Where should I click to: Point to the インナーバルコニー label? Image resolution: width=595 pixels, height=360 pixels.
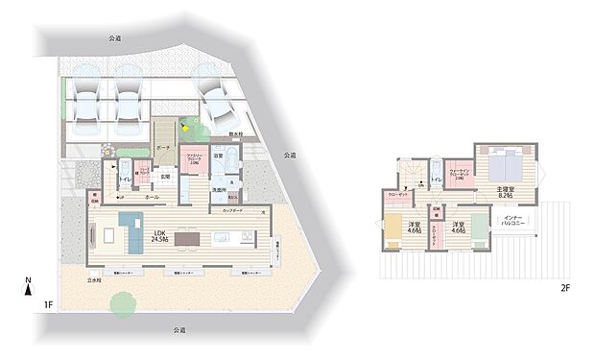(x=511, y=222)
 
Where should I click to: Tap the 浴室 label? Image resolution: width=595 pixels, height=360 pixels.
(x=218, y=155)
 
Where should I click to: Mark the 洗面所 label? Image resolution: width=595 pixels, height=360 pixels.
(x=220, y=189)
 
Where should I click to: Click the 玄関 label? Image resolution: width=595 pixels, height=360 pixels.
(x=164, y=176)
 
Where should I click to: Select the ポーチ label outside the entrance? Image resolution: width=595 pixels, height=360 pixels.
(x=163, y=148)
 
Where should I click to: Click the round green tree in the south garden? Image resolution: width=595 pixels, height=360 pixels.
(x=122, y=304)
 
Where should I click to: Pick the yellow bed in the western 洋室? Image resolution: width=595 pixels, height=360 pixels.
(x=393, y=230)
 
